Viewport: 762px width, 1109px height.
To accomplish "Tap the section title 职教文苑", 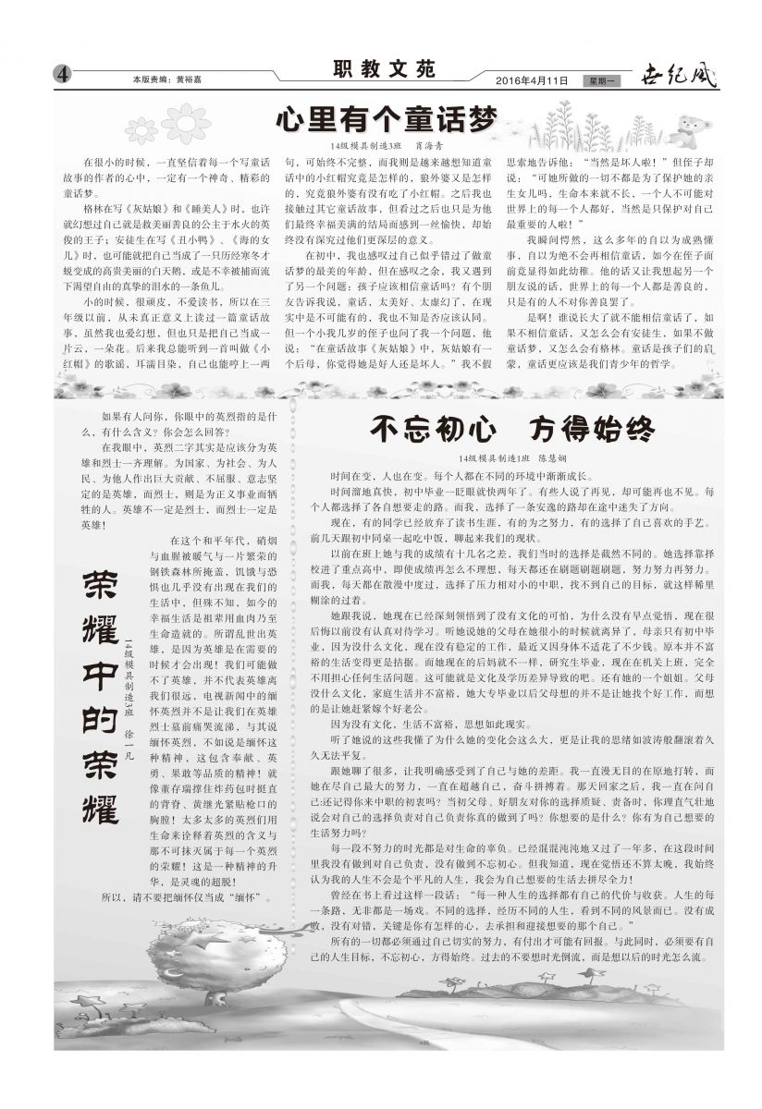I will [x=382, y=69].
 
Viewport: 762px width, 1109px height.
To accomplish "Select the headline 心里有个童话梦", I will [x=386, y=119].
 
